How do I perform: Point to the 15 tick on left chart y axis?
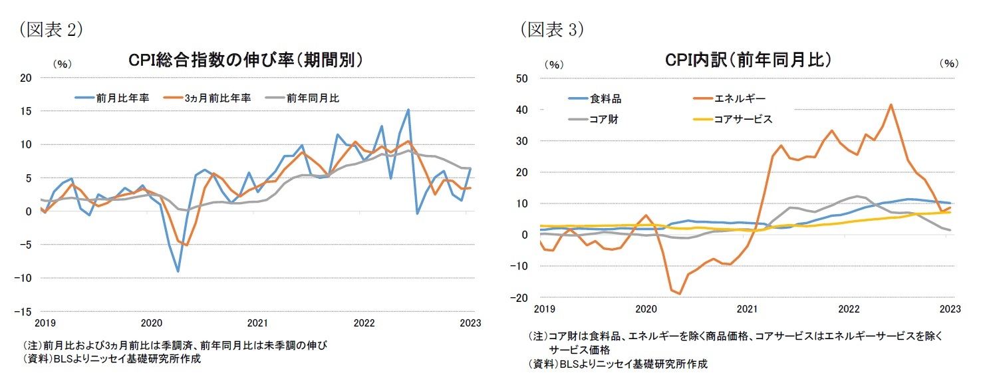click(27, 111)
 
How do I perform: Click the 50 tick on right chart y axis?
click(522, 78)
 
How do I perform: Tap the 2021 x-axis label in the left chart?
click(257, 323)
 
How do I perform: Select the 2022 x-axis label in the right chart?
click(848, 309)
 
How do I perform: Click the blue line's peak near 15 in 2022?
click(408, 110)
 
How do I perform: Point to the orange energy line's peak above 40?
click(891, 104)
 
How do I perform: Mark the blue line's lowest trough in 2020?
click(178, 271)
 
